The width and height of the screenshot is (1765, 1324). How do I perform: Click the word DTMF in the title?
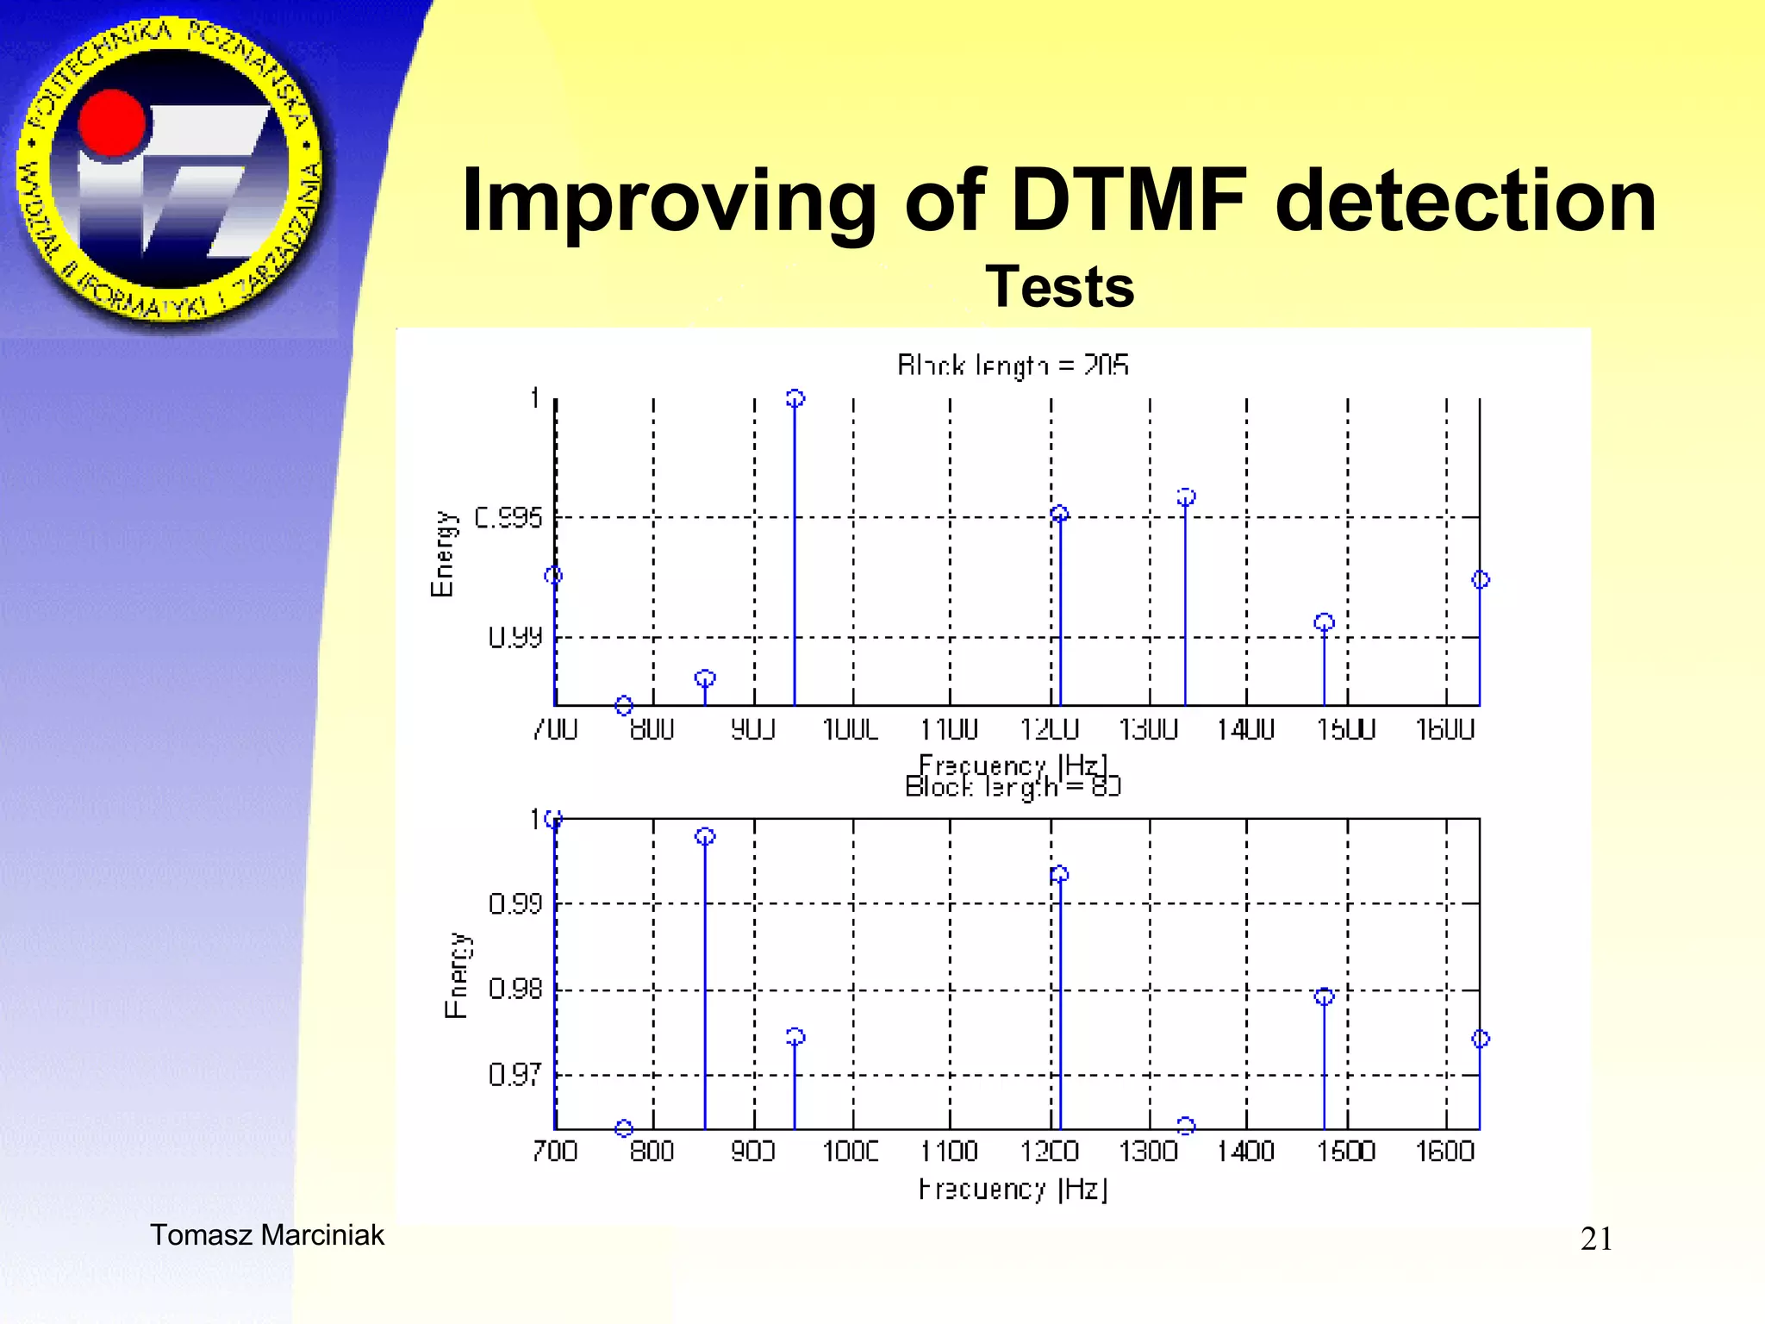click(x=1129, y=200)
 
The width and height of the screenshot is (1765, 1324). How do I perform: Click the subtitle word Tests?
click(x=1060, y=286)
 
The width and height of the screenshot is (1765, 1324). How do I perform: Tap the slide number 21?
click(x=1596, y=1239)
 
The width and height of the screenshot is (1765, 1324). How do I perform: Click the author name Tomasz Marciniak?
click(x=267, y=1235)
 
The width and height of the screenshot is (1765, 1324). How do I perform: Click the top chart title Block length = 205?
click(x=1013, y=365)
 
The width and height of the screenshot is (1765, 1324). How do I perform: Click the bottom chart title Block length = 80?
click(x=1013, y=786)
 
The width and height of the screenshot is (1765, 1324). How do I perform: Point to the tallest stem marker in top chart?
click(x=795, y=398)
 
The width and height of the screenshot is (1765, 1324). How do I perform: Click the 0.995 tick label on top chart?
click(x=508, y=517)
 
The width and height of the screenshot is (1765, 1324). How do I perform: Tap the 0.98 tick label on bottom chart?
click(x=515, y=989)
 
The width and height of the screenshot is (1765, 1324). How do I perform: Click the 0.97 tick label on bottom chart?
click(x=515, y=1075)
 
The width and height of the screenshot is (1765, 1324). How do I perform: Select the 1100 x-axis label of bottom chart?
click(x=949, y=1152)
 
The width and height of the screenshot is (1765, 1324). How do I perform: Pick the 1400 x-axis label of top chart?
click(x=1245, y=730)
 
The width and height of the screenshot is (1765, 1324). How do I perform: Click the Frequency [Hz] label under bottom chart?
click(x=1013, y=1190)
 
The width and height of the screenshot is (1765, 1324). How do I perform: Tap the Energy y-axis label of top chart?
click(x=443, y=553)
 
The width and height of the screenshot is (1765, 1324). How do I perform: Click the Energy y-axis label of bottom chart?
click(x=457, y=975)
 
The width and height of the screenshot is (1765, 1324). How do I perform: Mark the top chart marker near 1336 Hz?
click(x=1186, y=497)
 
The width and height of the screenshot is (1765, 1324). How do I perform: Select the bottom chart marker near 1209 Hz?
click(x=1060, y=874)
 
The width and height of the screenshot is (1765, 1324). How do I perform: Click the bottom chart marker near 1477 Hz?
click(x=1325, y=996)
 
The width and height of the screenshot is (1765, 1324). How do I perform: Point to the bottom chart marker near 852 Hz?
click(x=705, y=836)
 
